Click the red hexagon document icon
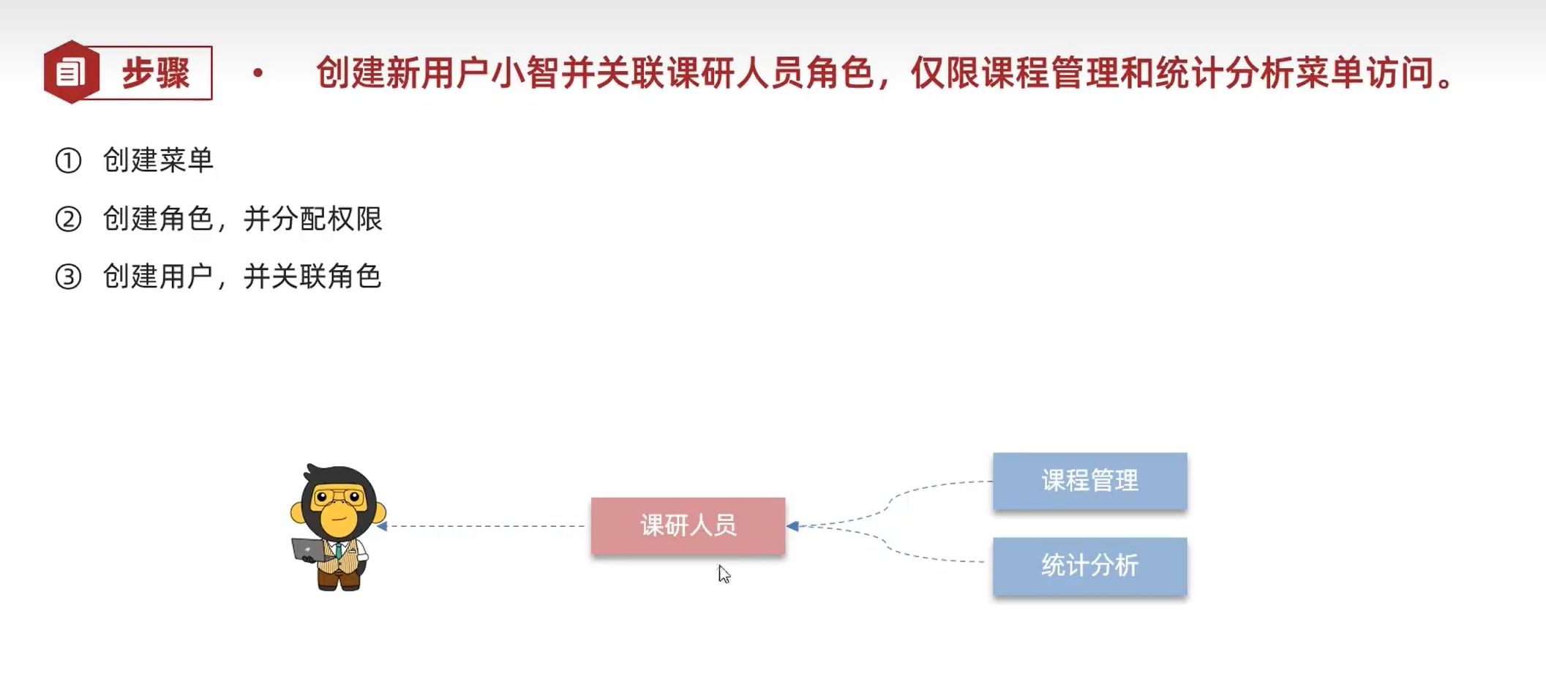click(x=71, y=72)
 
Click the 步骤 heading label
click(x=156, y=73)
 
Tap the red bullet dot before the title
click(x=258, y=72)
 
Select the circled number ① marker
click(x=68, y=160)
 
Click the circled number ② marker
click(x=68, y=219)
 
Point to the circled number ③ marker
click(x=68, y=277)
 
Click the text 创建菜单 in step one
click(x=158, y=160)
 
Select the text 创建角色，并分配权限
click(x=242, y=219)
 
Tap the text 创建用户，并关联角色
click(x=242, y=277)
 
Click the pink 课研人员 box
click(x=688, y=525)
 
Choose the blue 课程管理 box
click(x=1089, y=481)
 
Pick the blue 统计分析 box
click(x=1089, y=566)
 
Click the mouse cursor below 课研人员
click(x=724, y=574)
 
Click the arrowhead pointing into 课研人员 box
click(x=792, y=525)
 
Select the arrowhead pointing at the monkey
click(x=382, y=525)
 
